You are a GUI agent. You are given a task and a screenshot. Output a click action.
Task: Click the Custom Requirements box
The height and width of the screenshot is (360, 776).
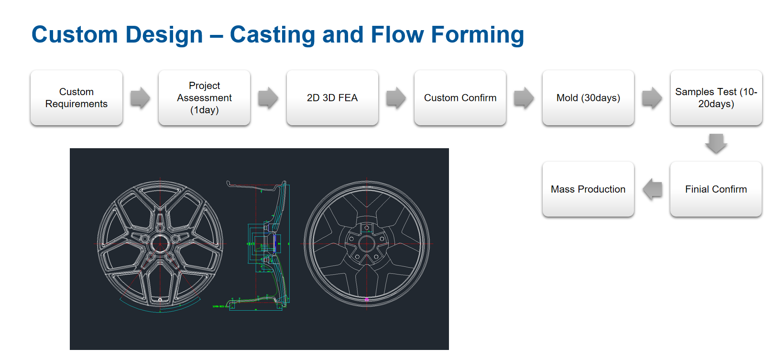[x=77, y=98]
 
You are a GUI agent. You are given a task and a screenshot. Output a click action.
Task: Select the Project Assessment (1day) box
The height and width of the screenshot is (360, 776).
[x=204, y=98]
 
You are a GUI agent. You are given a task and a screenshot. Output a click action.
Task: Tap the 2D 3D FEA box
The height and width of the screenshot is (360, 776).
[x=332, y=98]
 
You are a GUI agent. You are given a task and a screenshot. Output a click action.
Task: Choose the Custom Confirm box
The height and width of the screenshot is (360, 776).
[x=460, y=98]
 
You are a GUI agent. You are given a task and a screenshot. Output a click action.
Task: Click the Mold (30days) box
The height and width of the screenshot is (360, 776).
[x=588, y=98]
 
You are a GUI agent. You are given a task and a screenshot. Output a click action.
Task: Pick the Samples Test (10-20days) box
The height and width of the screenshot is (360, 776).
[x=716, y=98]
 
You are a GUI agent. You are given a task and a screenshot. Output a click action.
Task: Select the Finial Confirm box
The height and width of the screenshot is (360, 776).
[x=716, y=189]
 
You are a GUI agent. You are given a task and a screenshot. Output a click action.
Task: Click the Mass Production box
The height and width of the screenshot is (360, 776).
[x=588, y=189]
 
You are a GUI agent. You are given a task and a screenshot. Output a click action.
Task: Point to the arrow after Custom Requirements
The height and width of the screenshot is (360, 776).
[x=140, y=98]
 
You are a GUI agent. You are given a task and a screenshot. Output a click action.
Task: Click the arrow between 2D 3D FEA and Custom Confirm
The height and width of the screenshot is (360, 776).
[x=396, y=98]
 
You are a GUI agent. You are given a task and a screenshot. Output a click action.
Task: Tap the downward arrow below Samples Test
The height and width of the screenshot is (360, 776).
[x=716, y=143]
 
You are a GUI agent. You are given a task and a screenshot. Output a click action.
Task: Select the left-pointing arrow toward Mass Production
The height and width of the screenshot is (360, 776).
[x=653, y=189]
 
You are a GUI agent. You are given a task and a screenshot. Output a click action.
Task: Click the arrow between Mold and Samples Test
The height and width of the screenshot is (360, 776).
[x=652, y=98]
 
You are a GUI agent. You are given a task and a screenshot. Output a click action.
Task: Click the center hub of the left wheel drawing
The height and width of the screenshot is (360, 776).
[x=160, y=244]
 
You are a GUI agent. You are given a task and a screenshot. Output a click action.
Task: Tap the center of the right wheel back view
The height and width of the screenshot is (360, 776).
[x=367, y=244]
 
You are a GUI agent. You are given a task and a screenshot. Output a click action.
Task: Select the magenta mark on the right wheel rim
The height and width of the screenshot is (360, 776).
[x=367, y=299]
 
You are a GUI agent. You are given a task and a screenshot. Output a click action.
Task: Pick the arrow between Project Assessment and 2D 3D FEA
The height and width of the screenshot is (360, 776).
[x=268, y=98]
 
